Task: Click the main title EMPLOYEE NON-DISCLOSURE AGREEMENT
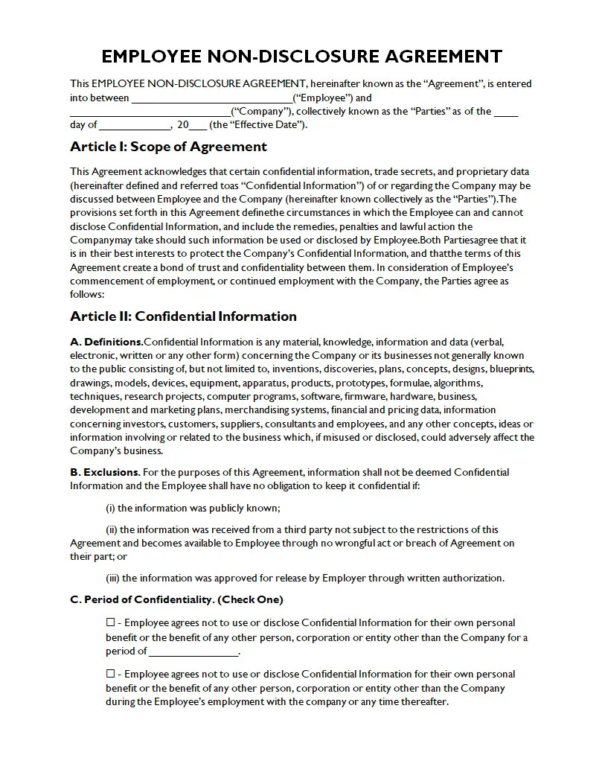coord(301,57)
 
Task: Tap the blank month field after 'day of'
coord(134,126)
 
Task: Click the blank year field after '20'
coord(199,126)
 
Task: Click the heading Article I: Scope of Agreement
coord(168,147)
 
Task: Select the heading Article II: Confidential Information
coord(183,316)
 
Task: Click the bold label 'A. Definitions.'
coord(106,342)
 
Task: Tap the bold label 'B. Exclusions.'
coord(105,472)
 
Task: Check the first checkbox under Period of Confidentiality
coord(110,623)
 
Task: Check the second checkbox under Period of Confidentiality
coord(110,675)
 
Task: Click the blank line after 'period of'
coord(193,651)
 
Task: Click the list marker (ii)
coord(112,529)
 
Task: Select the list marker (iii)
coord(112,578)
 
